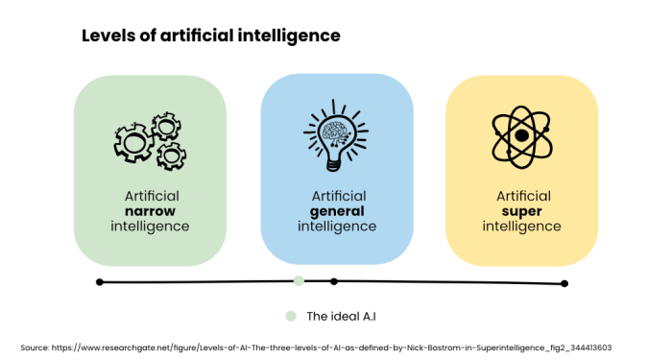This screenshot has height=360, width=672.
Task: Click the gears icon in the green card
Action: click(x=150, y=142)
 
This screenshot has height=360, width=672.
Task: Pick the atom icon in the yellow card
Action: click(x=520, y=136)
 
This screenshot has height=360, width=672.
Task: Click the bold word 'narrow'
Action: click(x=151, y=210)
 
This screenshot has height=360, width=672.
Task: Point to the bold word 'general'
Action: click(x=337, y=211)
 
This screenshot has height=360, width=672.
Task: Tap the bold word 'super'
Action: click(x=522, y=211)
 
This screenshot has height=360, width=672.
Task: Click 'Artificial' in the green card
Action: click(x=151, y=195)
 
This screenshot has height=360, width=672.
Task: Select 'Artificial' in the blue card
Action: click(x=337, y=196)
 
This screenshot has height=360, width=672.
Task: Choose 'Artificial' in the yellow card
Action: click(x=522, y=196)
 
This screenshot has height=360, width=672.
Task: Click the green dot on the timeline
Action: click(x=299, y=280)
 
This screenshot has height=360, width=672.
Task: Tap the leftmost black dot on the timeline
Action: click(x=100, y=281)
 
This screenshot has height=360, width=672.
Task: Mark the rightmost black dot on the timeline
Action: click(x=564, y=283)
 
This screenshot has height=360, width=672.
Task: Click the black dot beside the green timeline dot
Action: click(x=334, y=281)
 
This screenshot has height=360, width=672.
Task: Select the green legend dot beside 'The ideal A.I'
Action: click(x=289, y=315)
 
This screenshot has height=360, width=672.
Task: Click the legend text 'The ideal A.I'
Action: click(x=342, y=315)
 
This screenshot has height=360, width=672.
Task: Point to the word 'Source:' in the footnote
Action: click(x=36, y=347)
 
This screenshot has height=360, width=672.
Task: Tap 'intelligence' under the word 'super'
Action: click(x=522, y=227)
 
